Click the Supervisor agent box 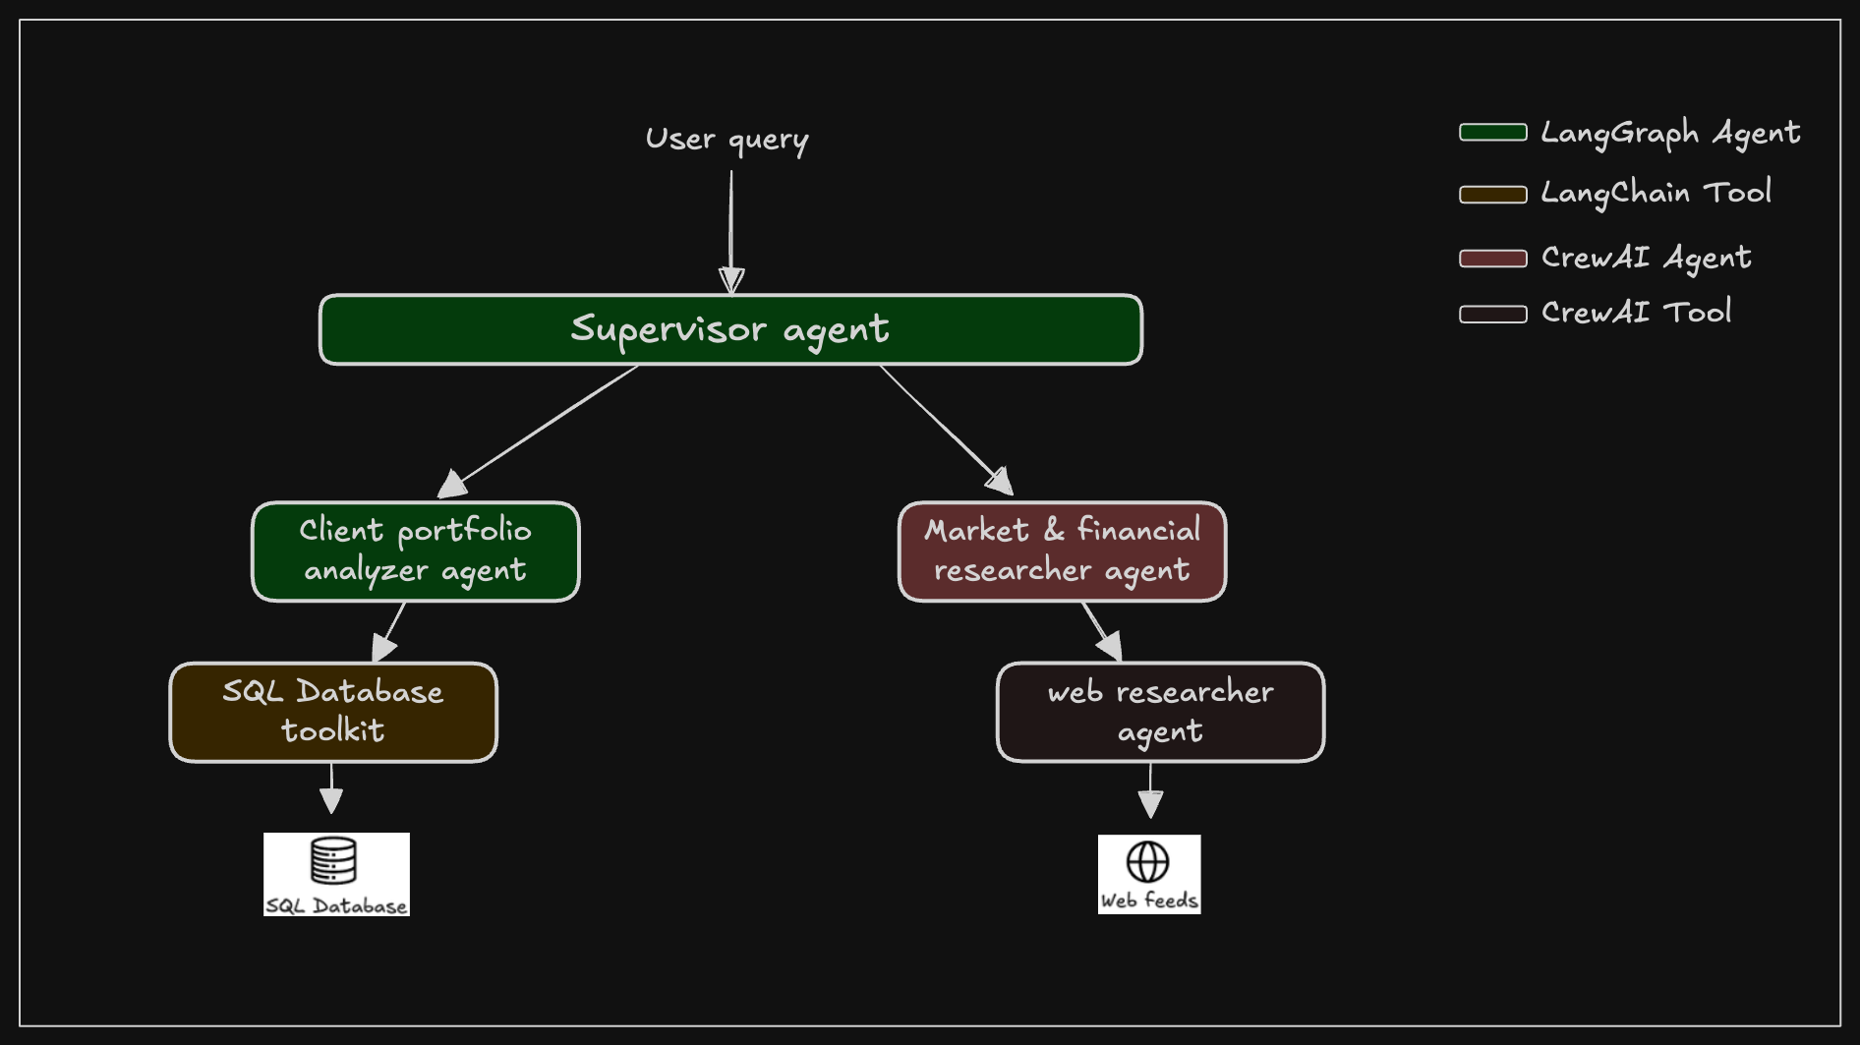[730, 329]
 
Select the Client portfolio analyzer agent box [416, 552]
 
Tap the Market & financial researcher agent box [1062, 552]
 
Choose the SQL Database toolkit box [333, 712]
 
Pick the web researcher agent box [1160, 712]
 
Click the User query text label [727, 140]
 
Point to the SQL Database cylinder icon [333, 860]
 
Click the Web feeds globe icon [1147, 862]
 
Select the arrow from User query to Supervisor [730, 231]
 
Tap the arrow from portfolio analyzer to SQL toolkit [389, 631]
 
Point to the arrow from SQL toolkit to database [331, 787]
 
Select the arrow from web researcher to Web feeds [1150, 790]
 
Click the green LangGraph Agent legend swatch [1492, 133]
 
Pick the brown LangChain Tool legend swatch [1492, 195]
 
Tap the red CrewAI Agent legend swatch [1492, 259]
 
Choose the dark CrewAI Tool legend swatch [1492, 315]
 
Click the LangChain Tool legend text [1656, 193]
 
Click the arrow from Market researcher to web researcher [1101, 630]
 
